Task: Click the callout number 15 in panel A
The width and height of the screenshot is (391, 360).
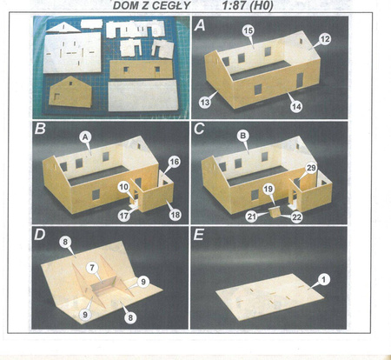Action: click(x=249, y=30)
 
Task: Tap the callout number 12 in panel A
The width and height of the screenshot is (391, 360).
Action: click(x=325, y=38)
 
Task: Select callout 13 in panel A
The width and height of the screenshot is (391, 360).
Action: click(x=205, y=103)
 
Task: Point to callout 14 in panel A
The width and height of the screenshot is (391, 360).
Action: click(x=296, y=106)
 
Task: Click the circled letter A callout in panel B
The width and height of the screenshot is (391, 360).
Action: click(x=85, y=137)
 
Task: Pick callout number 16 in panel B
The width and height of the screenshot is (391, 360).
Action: click(x=175, y=162)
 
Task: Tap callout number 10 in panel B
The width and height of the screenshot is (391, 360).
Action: click(x=123, y=187)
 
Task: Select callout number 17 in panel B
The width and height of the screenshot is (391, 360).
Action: click(x=124, y=216)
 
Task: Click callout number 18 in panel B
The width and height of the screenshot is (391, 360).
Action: click(x=175, y=215)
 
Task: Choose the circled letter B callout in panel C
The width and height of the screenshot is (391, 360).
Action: click(x=243, y=136)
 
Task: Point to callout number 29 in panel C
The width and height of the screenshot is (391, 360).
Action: click(x=311, y=168)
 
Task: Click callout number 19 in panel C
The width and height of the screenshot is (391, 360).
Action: click(x=268, y=189)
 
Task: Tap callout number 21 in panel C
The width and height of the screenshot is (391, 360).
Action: click(x=252, y=217)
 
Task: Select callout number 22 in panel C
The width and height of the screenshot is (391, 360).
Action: click(x=296, y=217)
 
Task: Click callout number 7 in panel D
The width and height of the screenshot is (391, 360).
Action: click(x=92, y=268)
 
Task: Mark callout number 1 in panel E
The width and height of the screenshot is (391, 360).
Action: click(x=324, y=279)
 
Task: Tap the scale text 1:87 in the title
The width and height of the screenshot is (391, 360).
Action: click(x=233, y=5)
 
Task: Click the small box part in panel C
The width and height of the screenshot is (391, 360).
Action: click(x=275, y=212)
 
